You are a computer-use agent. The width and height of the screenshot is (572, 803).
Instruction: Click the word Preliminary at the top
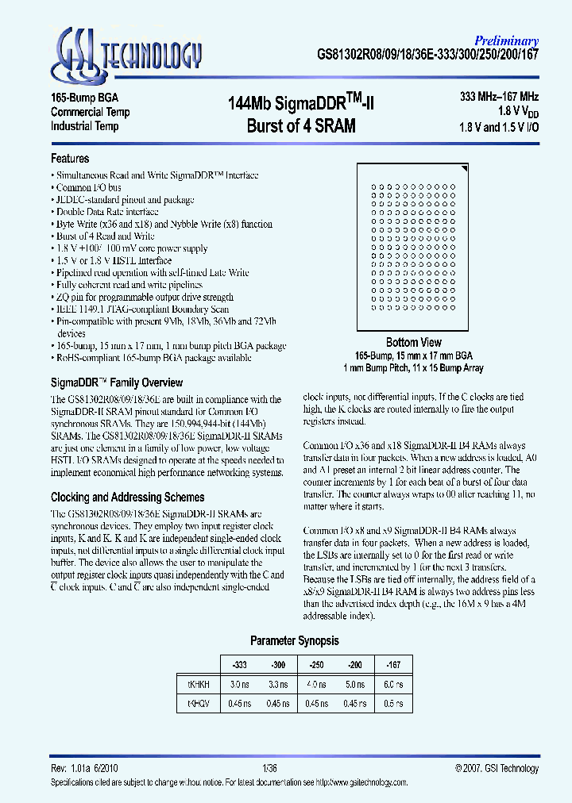click(507, 40)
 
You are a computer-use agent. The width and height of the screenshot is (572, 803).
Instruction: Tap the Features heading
click(70, 159)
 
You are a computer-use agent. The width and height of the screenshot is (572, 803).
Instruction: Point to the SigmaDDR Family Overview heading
click(117, 382)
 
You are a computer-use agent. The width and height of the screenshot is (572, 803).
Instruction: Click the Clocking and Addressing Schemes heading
click(127, 498)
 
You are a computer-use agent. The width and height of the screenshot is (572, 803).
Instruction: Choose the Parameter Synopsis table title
click(295, 640)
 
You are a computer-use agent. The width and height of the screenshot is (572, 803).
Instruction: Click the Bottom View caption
click(413, 342)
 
